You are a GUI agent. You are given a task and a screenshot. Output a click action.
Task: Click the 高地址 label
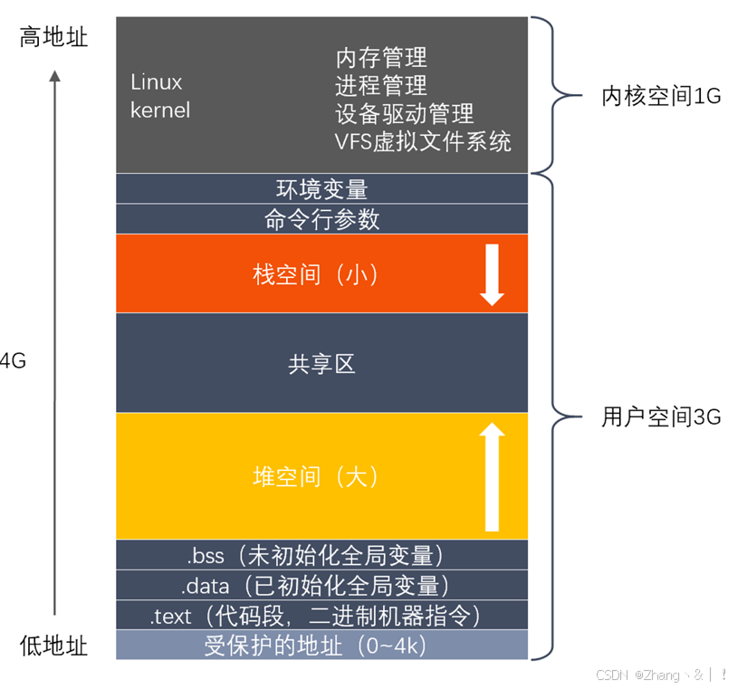click(x=53, y=38)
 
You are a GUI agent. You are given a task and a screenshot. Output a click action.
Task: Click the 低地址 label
click(x=53, y=645)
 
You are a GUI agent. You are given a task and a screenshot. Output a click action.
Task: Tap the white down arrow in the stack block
click(x=492, y=273)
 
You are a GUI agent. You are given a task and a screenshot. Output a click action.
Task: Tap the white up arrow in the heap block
click(x=492, y=476)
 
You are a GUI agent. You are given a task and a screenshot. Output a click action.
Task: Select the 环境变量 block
click(x=321, y=189)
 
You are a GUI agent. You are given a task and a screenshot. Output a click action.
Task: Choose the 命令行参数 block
click(x=321, y=219)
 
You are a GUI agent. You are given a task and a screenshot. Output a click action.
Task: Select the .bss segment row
click(x=321, y=554)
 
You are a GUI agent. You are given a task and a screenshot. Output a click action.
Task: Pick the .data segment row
click(x=321, y=585)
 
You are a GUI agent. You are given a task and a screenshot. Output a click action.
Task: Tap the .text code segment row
click(x=321, y=616)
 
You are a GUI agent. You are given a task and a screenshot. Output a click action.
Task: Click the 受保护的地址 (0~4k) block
click(x=321, y=646)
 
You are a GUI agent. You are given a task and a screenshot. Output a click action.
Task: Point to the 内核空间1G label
click(x=661, y=96)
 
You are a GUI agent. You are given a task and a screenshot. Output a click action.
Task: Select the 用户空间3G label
click(x=661, y=417)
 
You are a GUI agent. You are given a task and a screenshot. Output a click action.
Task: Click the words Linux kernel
click(x=160, y=96)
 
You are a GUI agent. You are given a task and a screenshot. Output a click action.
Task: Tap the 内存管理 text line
click(x=381, y=58)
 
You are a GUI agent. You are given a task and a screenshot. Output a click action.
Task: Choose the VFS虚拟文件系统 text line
click(x=423, y=141)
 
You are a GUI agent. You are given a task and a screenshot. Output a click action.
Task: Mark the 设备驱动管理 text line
click(x=404, y=114)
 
